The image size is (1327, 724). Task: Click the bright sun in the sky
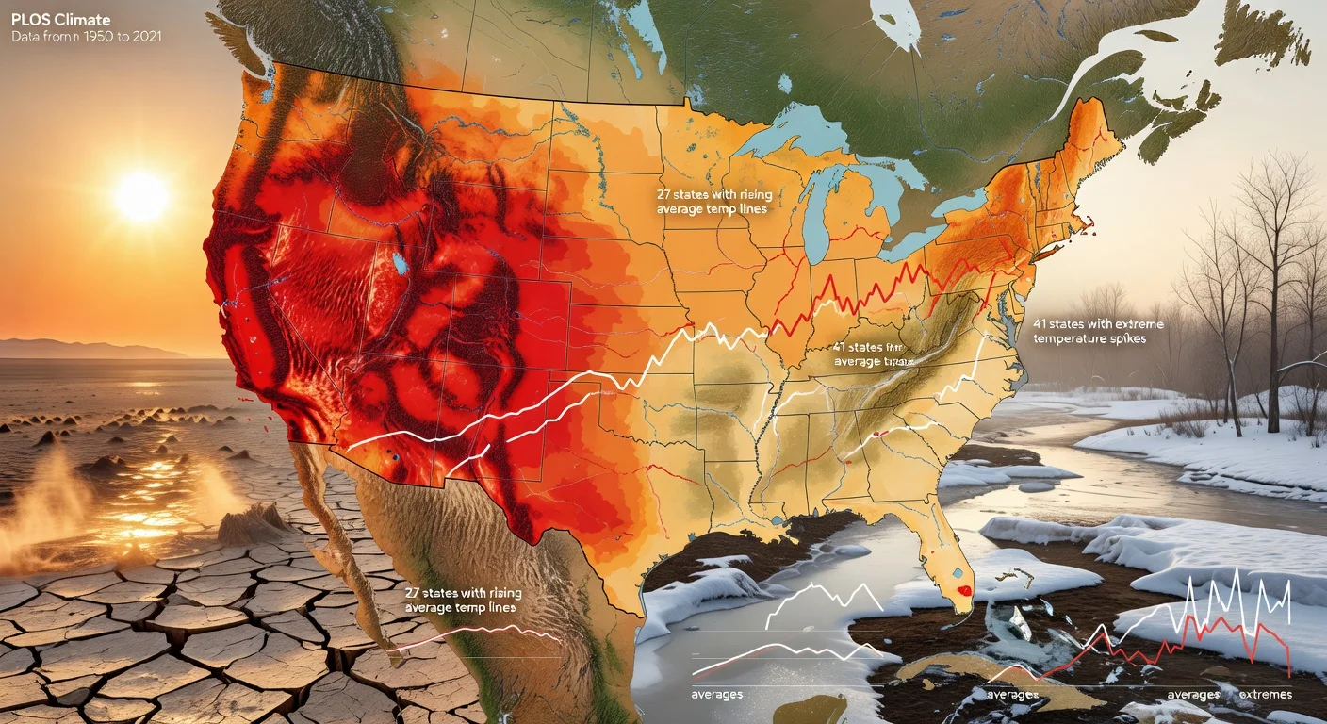point(141,196)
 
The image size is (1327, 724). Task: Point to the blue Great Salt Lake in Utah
point(401,263)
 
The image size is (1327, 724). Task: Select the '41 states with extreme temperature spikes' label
point(1098,331)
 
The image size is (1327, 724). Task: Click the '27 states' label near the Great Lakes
point(713,201)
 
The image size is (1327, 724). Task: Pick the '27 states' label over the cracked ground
point(462,601)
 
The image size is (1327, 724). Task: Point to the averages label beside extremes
point(1192,695)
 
